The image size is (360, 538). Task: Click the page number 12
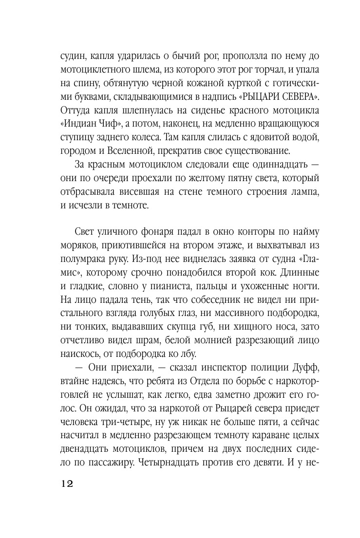66,484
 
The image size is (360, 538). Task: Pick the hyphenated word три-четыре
113,404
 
